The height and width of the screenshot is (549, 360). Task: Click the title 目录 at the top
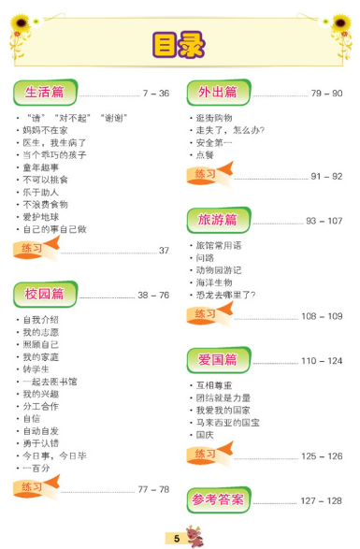[180, 45]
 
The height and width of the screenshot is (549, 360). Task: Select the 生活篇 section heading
[45, 93]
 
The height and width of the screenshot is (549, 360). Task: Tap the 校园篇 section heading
[45, 294]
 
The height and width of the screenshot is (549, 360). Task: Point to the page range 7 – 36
[155, 94]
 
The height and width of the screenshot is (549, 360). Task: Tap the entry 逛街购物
[214, 118]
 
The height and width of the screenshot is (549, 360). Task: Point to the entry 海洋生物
[214, 282]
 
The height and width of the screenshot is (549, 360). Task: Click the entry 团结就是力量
[223, 397]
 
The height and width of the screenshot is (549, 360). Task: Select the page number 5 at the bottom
[176, 538]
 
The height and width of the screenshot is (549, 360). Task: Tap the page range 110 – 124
[322, 360]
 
